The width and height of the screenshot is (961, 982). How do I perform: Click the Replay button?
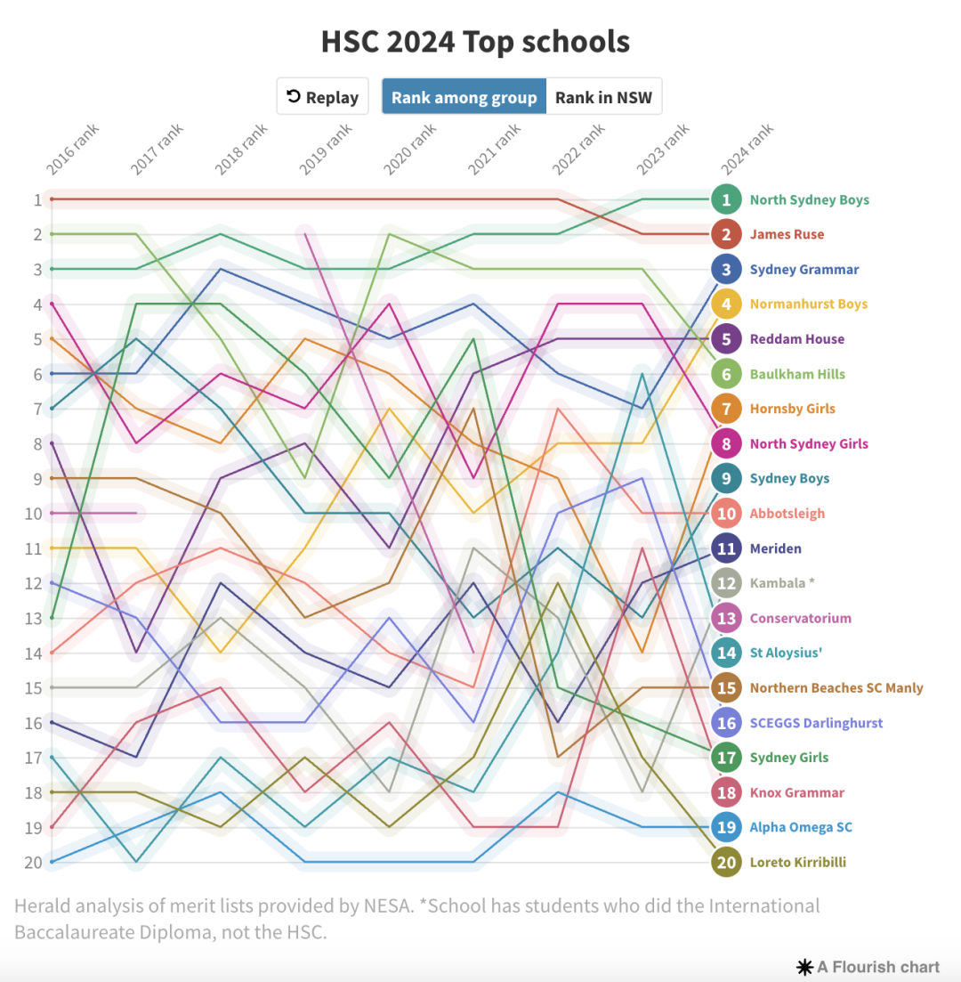pos(322,97)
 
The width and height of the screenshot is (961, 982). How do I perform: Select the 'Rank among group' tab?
pos(464,97)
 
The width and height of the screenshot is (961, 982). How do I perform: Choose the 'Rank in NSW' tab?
pos(603,97)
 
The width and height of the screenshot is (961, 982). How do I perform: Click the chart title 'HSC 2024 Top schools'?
pos(475,42)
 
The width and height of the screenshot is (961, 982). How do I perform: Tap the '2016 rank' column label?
pos(73,150)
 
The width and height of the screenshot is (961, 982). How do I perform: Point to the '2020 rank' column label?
pos(409,150)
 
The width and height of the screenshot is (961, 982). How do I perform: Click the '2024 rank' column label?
pos(747,150)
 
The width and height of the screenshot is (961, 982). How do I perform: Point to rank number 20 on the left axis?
pos(32,863)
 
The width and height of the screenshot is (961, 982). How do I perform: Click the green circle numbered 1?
pos(727,199)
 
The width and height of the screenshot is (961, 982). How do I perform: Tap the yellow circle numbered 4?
pos(727,304)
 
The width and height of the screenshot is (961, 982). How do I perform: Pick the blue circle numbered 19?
pos(727,827)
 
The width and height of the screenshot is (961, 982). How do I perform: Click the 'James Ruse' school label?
pos(787,235)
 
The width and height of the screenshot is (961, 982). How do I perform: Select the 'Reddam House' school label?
pos(797,339)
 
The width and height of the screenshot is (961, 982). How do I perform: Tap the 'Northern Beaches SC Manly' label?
pos(836,688)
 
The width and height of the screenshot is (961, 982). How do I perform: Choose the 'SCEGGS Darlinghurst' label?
pos(816,723)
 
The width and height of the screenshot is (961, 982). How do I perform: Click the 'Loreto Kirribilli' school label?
pos(797,863)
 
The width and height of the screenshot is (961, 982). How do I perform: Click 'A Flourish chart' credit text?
pos(868,967)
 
